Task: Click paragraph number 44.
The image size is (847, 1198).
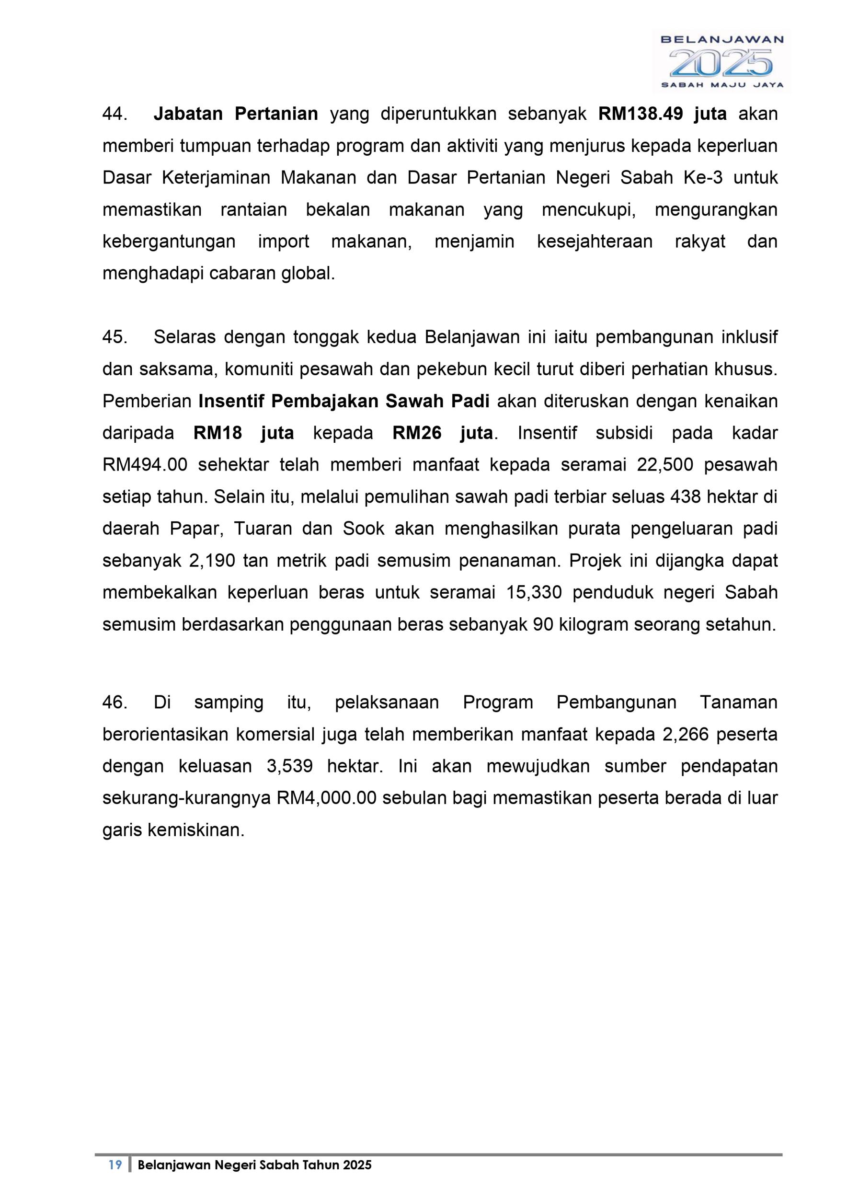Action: (x=115, y=114)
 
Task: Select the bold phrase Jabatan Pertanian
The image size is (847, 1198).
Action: (x=236, y=114)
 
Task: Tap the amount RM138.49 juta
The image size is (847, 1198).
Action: (x=663, y=114)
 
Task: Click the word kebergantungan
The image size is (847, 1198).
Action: (x=169, y=242)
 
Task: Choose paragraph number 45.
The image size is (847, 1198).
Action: (x=115, y=337)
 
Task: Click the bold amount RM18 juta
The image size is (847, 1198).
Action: (x=243, y=434)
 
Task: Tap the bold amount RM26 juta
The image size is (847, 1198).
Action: (x=442, y=434)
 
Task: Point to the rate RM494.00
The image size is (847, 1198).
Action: (x=145, y=465)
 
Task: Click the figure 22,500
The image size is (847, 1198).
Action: (x=665, y=465)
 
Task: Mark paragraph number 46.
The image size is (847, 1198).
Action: (x=115, y=703)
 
